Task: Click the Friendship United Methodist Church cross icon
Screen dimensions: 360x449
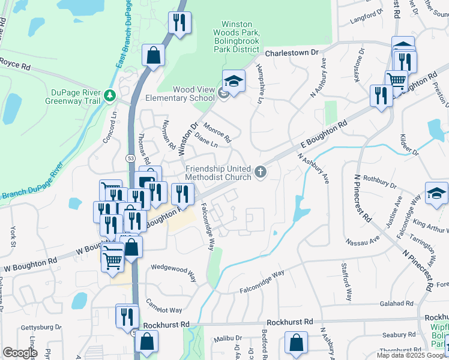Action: point(261,172)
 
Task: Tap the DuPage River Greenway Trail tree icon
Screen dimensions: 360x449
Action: point(109,95)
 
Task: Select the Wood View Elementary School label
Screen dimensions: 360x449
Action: point(194,94)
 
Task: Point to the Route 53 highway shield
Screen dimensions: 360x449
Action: point(130,158)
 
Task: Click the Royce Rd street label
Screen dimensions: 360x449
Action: point(15,62)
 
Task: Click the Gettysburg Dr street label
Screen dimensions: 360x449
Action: point(42,328)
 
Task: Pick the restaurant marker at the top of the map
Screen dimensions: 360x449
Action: point(179,23)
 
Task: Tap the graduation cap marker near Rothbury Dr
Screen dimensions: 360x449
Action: point(436,193)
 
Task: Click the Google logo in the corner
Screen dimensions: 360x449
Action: point(20,353)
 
